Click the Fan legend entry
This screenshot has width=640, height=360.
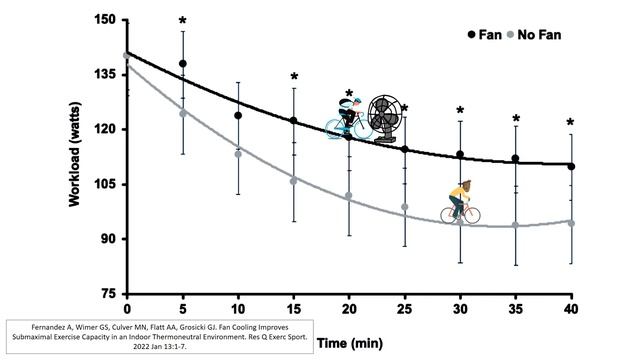pyautogui.click(x=484, y=35)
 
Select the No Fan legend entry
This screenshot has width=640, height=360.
pyautogui.click(x=534, y=35)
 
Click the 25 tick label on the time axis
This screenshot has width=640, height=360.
pyautogui.click(x=404, y=309)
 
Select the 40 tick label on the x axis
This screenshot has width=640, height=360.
pyautogui.click(x=571, y=309)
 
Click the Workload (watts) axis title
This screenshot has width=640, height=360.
pyautogui.click(x=74, y=154)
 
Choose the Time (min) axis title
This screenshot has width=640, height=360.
pyautogui.click(x=350, y=343)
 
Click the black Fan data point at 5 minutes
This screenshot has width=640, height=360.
pyautogui.click(x=183, y=64)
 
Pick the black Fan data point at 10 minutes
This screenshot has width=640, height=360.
pyautogui.click(x=238, y=116)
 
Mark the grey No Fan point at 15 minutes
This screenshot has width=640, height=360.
pyautogui.click(x=293, y=181)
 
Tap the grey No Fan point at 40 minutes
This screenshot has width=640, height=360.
pyautogui.click(x=571, y=223)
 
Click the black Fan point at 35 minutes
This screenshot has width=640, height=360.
pyautogui.click(x=516, y=158)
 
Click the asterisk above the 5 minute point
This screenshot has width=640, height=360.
pyautogui.click(x=182, y=21)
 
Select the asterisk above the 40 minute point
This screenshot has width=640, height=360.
pyautogui.click(x=571, y=122)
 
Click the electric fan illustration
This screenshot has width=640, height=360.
pyautogui.click(x=385, y=119)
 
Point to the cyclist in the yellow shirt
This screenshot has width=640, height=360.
pyautogui.click(x=460, y=202)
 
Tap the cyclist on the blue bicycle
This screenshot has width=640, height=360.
pyautogui.click(x=349, y=118)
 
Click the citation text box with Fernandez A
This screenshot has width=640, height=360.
pyautogui.click(x=160, y=337)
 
